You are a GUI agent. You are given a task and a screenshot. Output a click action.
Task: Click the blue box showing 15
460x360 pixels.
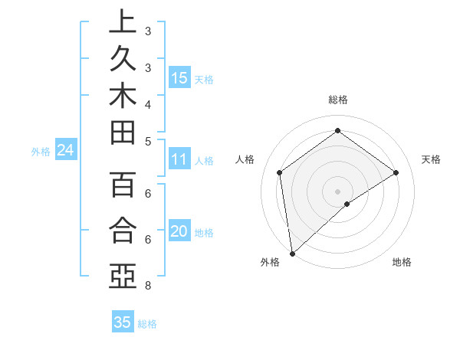[179, 77]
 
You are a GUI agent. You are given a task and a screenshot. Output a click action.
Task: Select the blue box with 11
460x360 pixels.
[179, 159]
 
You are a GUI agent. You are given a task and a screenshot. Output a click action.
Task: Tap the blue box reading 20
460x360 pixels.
[179, 232]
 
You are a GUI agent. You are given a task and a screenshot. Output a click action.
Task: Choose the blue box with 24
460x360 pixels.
[65, 151]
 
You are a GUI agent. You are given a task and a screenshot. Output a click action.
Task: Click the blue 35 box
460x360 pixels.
[123, 322]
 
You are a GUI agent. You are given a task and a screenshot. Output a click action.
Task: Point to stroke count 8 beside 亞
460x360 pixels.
[147, 286]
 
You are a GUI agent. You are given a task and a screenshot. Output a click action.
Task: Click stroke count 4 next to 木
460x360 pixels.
[147, 104]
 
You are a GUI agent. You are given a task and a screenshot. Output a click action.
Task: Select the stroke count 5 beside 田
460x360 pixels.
[147, 141]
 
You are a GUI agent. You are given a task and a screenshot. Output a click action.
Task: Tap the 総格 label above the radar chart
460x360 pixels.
[337, 100]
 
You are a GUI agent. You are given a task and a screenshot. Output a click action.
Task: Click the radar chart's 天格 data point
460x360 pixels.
[396, 172]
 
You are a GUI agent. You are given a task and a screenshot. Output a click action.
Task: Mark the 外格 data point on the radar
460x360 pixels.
[292, 253]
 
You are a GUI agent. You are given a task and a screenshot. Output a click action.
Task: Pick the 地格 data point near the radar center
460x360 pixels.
[347, 204]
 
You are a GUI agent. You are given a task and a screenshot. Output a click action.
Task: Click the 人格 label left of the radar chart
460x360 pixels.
[245, 159]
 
